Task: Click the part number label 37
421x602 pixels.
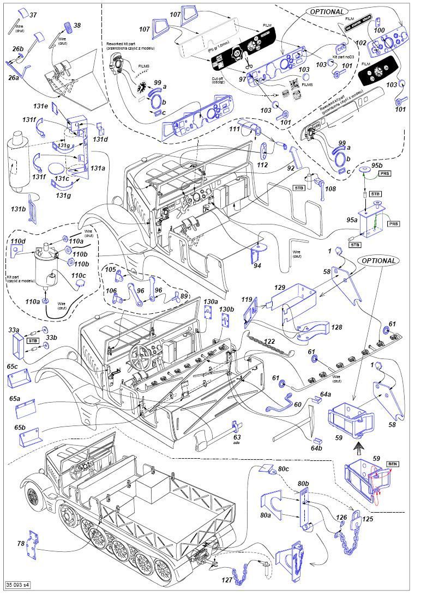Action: pos(33,15)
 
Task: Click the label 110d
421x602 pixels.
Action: pos(18,241)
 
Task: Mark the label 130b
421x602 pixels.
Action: pos(226,309)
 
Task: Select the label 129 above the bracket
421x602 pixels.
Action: pos(280,287)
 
